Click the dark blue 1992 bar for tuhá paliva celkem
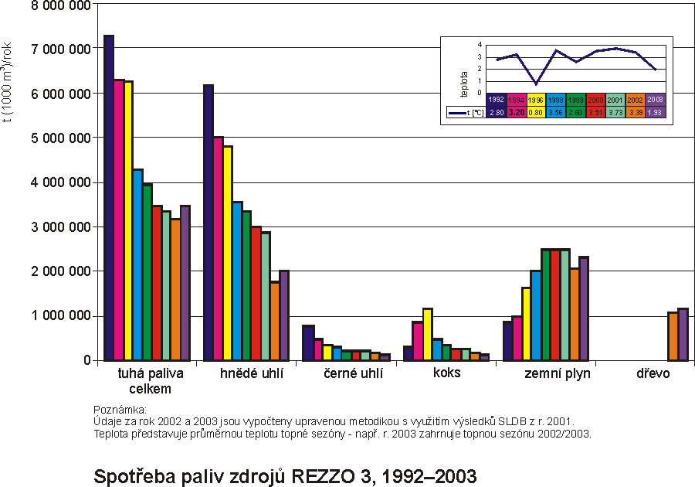(109, 198)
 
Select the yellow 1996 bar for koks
(427, 335)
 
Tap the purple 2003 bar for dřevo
(682, 335)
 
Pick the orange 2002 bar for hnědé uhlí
(274, 321)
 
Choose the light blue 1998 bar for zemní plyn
(535, 315)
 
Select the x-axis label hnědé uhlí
(252, 374)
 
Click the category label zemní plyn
(557, 374)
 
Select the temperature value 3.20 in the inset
(516, 113)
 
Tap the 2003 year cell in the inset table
(655, 100)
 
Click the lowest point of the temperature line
(536, 83)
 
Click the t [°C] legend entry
(466, 113)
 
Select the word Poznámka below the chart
(119, 410)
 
